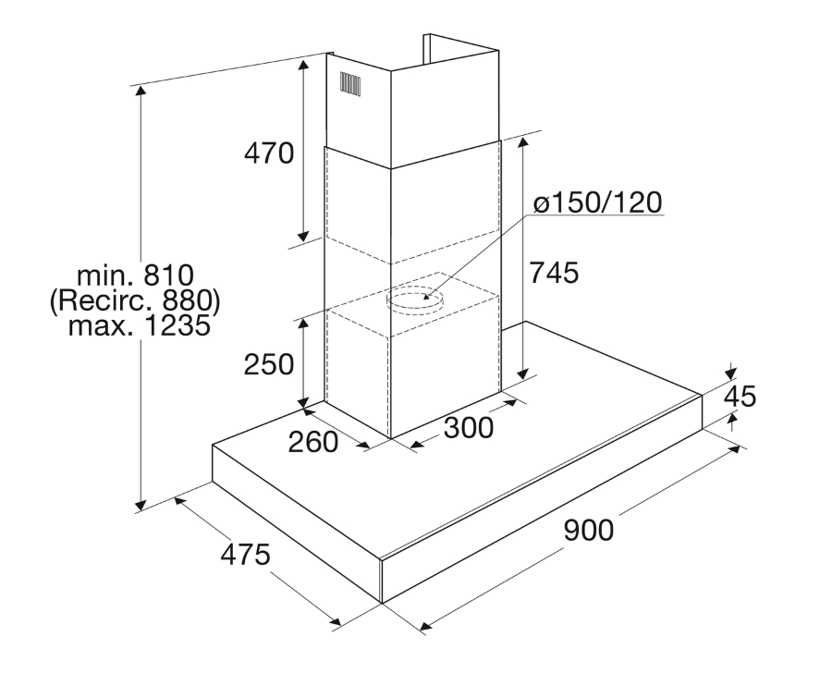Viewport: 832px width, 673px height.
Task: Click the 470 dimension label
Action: [269, 153]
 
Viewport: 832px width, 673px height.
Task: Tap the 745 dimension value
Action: [554, 273]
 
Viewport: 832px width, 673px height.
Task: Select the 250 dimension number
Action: [269, 364]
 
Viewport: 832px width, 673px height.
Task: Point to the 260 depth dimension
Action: [313, 442]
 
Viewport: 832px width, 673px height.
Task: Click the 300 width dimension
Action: [469, 427]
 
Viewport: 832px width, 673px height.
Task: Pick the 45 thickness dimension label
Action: [740, 396]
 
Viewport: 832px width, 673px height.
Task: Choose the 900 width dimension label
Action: [589, 530]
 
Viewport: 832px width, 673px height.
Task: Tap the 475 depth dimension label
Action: [246, 555]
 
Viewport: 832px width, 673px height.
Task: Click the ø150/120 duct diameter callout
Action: [597, 202]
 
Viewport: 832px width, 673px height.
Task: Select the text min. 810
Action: [136, 275]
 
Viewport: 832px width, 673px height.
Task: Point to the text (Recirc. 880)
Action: [135, 301]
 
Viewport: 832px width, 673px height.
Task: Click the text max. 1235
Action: [140, 325]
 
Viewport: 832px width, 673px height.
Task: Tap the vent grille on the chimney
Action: [350, 84]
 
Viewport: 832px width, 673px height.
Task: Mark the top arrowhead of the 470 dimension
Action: [303, 66]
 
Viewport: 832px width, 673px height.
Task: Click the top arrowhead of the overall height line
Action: [141, 92]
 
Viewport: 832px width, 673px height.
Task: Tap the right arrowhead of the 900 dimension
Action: [736, 449]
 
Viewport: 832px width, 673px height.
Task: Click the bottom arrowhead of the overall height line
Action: [141, 505]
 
